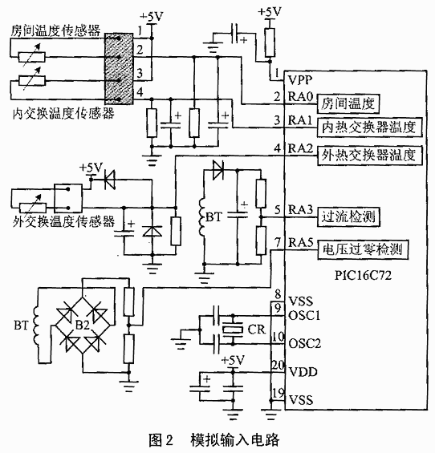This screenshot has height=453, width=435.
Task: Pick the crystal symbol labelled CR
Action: [234, 329]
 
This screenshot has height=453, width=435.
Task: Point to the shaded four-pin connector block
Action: [119, 68]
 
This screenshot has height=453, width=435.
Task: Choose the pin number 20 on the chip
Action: [278, 365]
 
